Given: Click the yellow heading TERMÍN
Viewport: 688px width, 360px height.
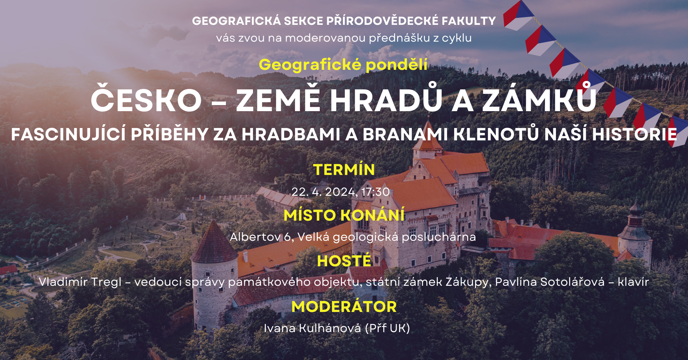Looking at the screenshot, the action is coord(344,170).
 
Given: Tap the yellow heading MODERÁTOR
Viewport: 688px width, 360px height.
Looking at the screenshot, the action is coord(344,307).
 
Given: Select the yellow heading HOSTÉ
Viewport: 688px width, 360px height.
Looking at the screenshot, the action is coord(344,261).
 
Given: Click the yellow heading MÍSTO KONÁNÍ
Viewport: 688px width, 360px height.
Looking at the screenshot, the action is coord(344,215).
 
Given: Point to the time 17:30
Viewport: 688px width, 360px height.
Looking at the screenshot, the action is coord(376,192).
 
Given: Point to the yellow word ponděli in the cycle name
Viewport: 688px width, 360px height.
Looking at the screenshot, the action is coord(396,65).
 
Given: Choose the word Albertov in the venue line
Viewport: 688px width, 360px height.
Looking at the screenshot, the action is coord(255,237).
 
